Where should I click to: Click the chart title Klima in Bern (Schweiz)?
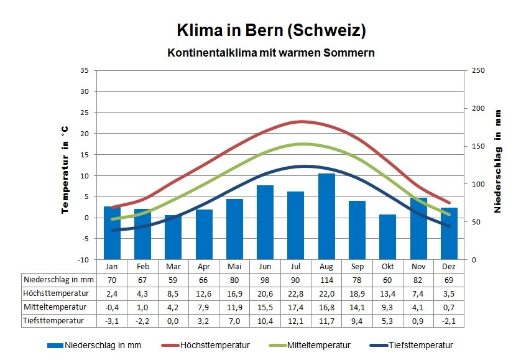pos(271,30)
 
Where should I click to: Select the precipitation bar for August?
pos(326,216)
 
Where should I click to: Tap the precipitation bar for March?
pos(173,237)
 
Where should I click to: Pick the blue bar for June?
pos(265,222)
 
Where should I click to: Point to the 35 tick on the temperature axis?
pos(85,70)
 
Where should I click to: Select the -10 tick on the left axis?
pos(84,259)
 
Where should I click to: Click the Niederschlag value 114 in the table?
pos(326,280)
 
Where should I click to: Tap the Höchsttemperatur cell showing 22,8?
pos(296,293)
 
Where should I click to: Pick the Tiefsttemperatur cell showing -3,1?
pos(112,321)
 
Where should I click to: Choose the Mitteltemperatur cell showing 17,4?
pos(296,307)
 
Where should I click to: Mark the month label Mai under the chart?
pos(234,266)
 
